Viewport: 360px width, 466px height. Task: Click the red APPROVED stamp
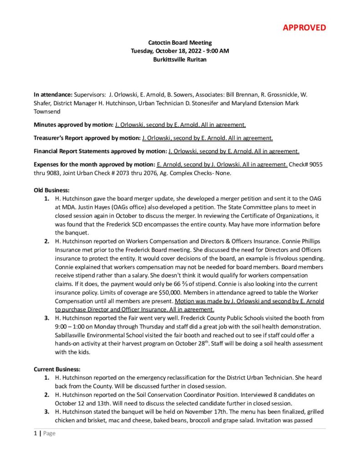pyautogui.click(x=304, y=27)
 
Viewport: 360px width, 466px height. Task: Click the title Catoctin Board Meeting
pyautogui.click(x=180, y=43)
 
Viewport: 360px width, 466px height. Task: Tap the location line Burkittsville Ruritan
pyautogui.click(x=180, y=59)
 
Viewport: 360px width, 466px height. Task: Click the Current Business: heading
pyautogui.click(x=56, y=370)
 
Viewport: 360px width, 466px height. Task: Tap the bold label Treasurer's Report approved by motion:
pyautogui.click(x=87, y=138)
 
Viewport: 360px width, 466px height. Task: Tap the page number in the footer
pyautogui.click(x=35, y=434)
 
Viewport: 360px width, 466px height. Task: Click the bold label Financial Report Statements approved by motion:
pyautogui.click(x=100, y=151)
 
